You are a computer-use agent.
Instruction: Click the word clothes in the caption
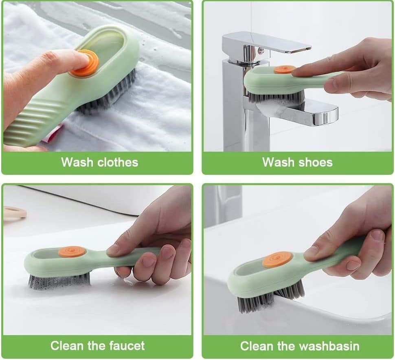pos(118,162)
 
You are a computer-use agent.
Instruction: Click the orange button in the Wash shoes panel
pos(284,69)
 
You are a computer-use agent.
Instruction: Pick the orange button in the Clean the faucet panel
pos(72,252)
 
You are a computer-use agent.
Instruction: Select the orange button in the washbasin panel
pos(277,260)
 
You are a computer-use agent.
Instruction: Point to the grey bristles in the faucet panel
pos(59,280)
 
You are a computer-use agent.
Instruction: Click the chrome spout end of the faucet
pos(325,116)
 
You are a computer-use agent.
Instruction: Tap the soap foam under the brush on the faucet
pos(273,108)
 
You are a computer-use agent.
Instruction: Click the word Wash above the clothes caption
pos(77,162)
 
